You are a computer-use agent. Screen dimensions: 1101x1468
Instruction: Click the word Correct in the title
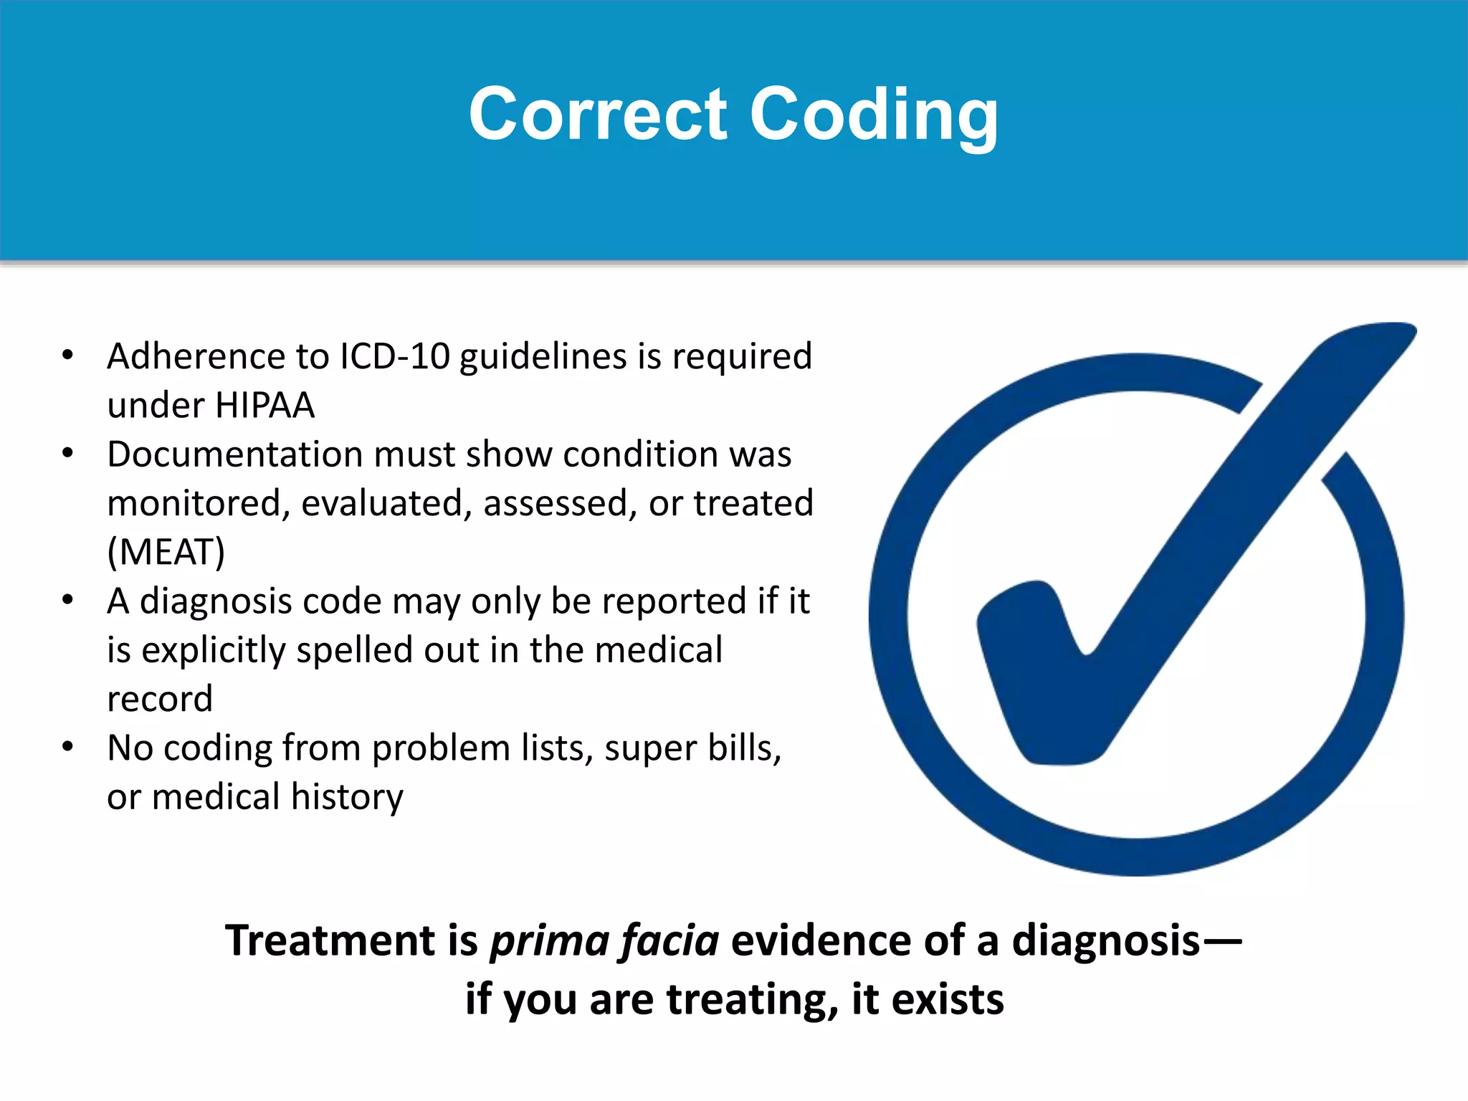[x=598, y=115]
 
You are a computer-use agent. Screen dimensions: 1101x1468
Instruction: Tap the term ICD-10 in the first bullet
[x=394, y=356]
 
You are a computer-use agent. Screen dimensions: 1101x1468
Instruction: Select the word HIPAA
[x=264, y=406]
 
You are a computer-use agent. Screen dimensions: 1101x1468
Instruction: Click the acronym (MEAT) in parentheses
[x=166, y=553]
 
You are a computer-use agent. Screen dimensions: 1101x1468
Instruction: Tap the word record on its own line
[x=160, y=700]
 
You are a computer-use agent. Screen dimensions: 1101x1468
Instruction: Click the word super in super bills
[x=649, y=748]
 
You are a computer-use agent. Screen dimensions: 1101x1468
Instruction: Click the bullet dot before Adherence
[x=67, y=355]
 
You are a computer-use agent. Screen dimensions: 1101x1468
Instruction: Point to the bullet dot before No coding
[x=67, y=747]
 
